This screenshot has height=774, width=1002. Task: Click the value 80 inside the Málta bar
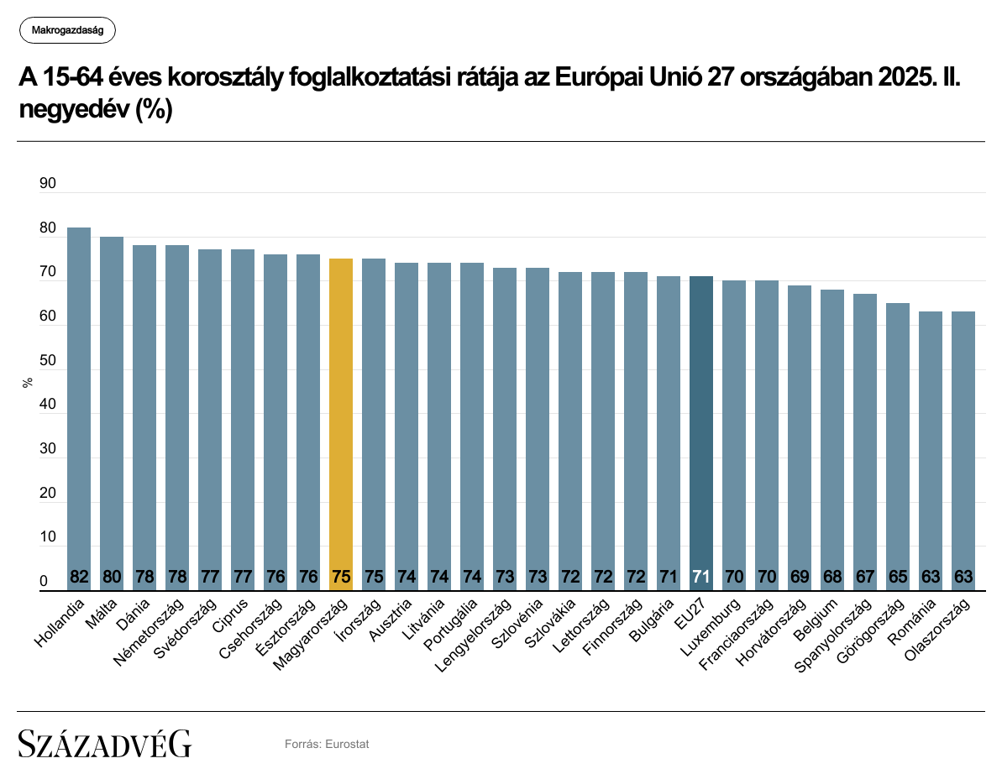112,578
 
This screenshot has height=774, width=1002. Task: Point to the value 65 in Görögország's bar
898,578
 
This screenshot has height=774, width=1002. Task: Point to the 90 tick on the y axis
47,184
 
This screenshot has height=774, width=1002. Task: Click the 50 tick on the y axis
47,361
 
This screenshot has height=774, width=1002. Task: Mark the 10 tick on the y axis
47,538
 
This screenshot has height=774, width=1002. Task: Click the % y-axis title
28,382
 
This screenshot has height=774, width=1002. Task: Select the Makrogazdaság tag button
67,31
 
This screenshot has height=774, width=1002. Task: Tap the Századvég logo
105,743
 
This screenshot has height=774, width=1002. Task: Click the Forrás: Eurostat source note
327,744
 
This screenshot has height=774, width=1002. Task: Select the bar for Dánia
144,417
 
